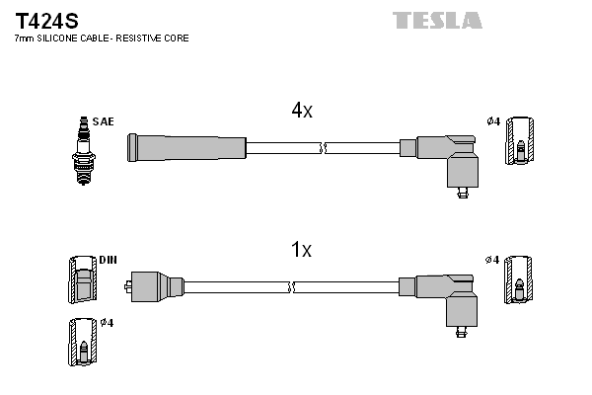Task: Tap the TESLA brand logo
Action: pos(437,20)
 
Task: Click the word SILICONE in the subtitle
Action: pos(58,38)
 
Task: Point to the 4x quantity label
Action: pos(301,112)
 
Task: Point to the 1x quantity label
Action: pos(301,251)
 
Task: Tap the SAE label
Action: pos(104,121)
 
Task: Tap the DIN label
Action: pos(108,261)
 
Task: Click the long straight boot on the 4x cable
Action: pos(187,147)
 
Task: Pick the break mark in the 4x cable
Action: pos(324,148)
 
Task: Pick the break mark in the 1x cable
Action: pos(293,287)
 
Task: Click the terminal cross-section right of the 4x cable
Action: pos(520,142)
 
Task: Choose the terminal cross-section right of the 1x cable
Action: pos(520,280)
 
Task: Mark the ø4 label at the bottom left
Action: pos(107,323)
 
